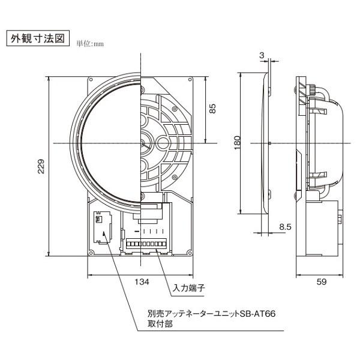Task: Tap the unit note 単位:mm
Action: click(x=90, y=43)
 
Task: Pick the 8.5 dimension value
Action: click(x=286, y=227)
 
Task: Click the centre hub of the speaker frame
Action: click(x=143, y=143)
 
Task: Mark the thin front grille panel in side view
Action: click(x=268, y=143)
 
